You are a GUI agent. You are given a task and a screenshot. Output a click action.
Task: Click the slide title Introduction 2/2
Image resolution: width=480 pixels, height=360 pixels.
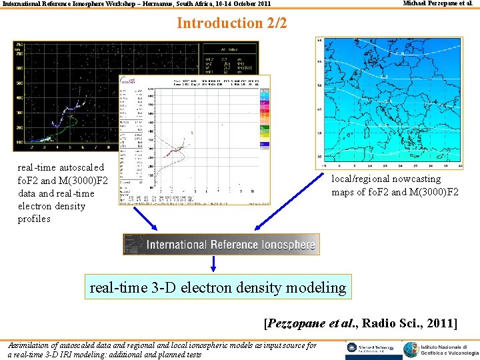tap(231, 23)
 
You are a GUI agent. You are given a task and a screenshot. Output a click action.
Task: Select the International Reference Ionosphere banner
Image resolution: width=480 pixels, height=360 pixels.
tap(221, 244)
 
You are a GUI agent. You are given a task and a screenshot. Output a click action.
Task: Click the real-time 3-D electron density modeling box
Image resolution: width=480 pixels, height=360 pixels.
tap(218, 288)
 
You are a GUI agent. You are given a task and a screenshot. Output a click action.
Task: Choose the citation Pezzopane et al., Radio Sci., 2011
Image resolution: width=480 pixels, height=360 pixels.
tap(361, 323)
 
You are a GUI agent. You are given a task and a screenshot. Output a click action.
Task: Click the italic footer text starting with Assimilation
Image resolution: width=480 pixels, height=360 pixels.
tap(162, 350)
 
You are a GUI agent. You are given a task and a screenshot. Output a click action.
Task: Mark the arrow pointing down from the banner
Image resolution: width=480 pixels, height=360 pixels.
tap(213, 263)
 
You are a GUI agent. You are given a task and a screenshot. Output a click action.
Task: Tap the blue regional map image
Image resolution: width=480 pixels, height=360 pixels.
tap(391, 100)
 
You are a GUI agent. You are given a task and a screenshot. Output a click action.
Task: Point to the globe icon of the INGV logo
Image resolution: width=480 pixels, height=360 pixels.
tap(412, 349)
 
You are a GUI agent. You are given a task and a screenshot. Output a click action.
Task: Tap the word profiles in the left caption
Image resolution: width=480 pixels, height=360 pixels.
tap(34, 219)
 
